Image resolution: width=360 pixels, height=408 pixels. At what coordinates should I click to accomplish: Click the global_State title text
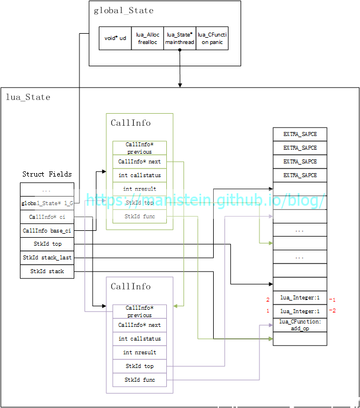[123, 10]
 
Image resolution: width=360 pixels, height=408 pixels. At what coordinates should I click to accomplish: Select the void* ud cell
[115, 38]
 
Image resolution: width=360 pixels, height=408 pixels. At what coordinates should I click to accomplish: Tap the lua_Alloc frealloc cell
[147, 38]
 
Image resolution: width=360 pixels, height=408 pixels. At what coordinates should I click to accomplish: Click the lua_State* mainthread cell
[179, 38]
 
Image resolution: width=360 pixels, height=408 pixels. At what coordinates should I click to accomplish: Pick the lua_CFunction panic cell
[212, 38]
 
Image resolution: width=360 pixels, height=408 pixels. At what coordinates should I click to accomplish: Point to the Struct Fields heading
[47, 174]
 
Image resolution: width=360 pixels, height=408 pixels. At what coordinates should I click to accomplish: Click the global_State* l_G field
[47, 203]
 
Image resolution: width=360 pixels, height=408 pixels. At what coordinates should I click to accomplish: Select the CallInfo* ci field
[47, 217]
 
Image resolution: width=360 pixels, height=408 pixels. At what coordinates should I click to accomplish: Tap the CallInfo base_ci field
[47, 230]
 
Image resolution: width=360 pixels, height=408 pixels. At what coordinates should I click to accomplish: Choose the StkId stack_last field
[47, 258]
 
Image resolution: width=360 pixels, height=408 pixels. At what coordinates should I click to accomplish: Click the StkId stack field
[47, 271]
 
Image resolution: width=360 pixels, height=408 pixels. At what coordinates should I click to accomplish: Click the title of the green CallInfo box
[131, 123]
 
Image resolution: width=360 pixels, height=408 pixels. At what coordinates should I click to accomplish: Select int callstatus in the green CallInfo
[139, 175]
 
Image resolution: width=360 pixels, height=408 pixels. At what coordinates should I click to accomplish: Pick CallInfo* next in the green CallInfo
[139, 162]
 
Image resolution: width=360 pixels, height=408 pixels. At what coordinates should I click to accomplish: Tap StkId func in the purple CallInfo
[139, 380]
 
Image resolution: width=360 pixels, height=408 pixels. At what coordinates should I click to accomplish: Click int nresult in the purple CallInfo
[139, 353]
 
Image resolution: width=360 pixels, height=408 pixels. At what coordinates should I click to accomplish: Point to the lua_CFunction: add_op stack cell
[300, 325]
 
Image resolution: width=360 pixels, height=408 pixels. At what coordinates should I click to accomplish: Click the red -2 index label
[332, 311]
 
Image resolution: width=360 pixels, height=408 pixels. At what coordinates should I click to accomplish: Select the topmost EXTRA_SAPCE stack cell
[300, 134]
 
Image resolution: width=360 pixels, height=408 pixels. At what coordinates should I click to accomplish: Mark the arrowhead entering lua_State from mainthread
[180, 85]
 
